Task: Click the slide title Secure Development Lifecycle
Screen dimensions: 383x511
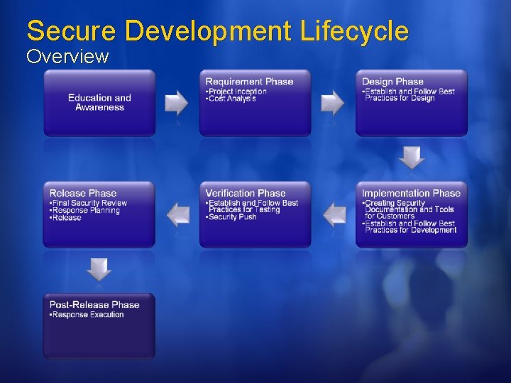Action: coord(217,31)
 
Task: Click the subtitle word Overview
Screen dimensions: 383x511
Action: coord(67,56)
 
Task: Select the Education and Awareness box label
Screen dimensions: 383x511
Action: coord(99,103)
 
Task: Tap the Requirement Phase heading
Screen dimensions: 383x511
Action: coord(249,82)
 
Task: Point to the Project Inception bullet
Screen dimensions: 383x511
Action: coord(237,91)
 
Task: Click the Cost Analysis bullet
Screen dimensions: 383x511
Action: coord(231,99)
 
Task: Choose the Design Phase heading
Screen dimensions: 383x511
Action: coord(392,82)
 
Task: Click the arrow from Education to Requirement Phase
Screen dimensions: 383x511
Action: coord(177,103)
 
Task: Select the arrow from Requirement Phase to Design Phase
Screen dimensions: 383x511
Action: coord(333,103)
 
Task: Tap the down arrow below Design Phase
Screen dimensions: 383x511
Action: coord(412,157)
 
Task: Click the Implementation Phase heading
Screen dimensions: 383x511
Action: coord(411,193)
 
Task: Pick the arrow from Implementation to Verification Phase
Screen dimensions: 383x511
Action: coord(334,214)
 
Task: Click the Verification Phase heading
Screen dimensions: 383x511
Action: coord(246,193)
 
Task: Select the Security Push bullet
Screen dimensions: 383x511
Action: coord(232,217)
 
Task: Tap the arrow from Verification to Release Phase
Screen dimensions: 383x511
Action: coord(177,214)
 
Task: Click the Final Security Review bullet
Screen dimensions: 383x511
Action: coord(89,203)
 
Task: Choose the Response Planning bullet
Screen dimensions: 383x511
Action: coord(86,211)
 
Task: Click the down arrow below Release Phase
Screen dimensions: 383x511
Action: coord(99,269)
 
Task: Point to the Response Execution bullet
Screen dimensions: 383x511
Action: coord(87,315)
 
